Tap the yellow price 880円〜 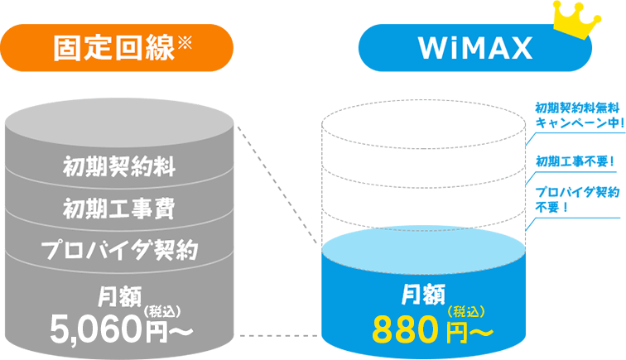click(x=432, y=330)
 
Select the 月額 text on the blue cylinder click(x=424, y=292)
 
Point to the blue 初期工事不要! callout click(x=575, y=160)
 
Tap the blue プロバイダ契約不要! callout click(x=575, y=199)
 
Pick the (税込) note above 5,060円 click(x=163, y=310)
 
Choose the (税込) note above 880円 click(x=465, y=311)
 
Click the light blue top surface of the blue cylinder click(x=424, y=249)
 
